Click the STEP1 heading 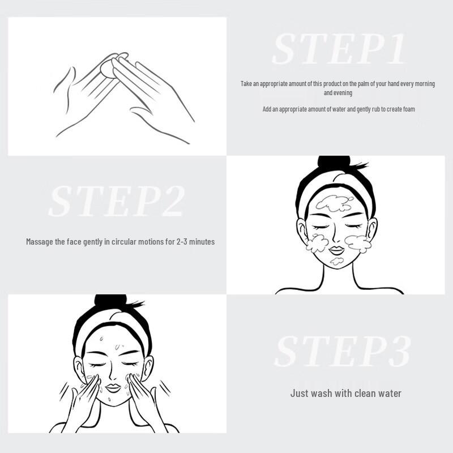tap(339, 49)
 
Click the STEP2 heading tap(117, 201)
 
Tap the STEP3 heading tap(342, 352)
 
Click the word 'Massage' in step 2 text tap(40, 242)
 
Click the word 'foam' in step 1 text tap(408, 109)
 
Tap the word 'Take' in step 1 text tap(246, 84)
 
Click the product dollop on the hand tap(107, 67)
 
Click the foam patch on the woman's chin tap(337, 261)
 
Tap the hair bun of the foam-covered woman tap(334, 163)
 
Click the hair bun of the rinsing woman tap(110, 301)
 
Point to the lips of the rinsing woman tap(113, 388)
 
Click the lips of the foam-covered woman tap(336, 250)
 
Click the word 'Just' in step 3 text tap(300, 393)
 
